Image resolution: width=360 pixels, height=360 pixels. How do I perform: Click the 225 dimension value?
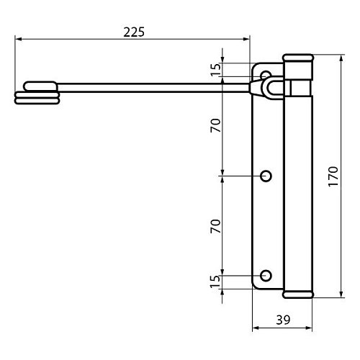[134, 32]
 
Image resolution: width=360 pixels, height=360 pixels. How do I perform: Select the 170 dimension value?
[333, 176]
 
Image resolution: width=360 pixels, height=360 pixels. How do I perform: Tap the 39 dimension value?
[283, 320]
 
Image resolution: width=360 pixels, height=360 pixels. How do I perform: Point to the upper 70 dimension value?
[215, 125]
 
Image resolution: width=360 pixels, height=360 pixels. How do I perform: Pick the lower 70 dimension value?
[215, 226]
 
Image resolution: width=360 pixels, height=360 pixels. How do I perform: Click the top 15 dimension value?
[215, 69]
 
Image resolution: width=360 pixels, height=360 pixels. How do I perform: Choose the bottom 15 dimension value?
[215, 282]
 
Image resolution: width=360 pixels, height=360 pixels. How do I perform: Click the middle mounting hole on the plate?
[266, 176]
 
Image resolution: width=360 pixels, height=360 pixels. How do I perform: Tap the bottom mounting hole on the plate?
[266, 276]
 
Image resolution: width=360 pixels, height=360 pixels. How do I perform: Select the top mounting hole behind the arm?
[266, 74]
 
